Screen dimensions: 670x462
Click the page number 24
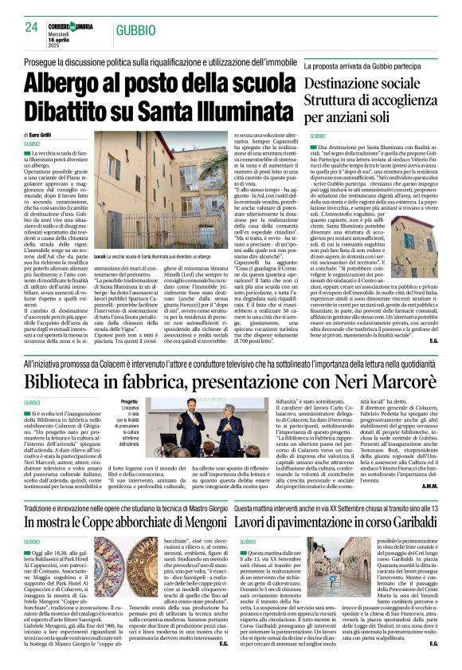click(x=31, y=26)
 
